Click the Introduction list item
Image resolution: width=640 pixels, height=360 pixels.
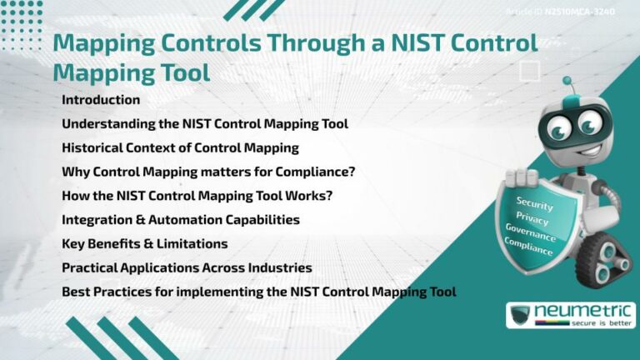101,100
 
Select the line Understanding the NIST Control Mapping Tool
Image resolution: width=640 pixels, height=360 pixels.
204,124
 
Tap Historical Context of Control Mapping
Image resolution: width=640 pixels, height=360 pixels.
180,148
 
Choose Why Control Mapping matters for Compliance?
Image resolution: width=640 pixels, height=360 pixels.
208,172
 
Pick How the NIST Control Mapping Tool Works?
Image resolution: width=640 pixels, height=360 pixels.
202,197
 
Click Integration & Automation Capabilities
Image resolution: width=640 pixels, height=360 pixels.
181,220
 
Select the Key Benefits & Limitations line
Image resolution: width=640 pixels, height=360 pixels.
145,244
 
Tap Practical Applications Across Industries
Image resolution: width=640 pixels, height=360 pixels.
187,268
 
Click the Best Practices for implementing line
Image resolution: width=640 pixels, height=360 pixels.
258,292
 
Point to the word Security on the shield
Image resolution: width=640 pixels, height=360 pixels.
534,202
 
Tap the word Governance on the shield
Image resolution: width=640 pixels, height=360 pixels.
530,234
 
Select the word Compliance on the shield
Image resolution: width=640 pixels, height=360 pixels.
528,247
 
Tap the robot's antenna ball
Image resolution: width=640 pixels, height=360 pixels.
567,81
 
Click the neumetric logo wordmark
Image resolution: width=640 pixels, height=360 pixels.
583,311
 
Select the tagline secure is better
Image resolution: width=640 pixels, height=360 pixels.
582,323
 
